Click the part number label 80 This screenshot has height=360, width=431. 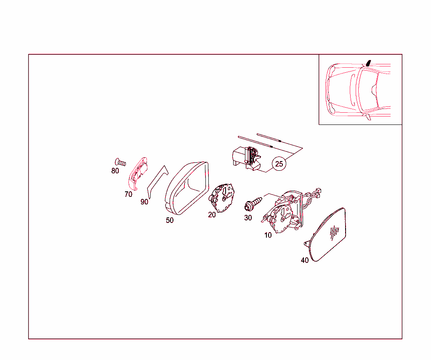click(115, 171)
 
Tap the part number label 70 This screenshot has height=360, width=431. click(128, 194)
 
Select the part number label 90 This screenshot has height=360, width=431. click(144, 202)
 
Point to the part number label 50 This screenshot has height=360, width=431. click(170, 220)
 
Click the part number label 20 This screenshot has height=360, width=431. click(212, 215)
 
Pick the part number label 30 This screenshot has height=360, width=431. click(248, 218)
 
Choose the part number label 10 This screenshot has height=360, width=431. click(268, 235)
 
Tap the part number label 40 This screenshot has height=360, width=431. click(305, 260)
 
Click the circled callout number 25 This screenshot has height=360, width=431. click(279, 164)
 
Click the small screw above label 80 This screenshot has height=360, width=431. click(120, 162)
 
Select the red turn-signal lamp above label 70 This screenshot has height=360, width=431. click(138, 174)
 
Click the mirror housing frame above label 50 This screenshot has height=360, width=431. click(187, 188)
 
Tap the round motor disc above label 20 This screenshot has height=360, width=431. click(222, 198)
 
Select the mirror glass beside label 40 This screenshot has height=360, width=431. click(327, 235)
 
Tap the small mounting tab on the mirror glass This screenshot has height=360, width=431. click(307, 244)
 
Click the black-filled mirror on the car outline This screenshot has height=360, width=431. click(368, 63)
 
